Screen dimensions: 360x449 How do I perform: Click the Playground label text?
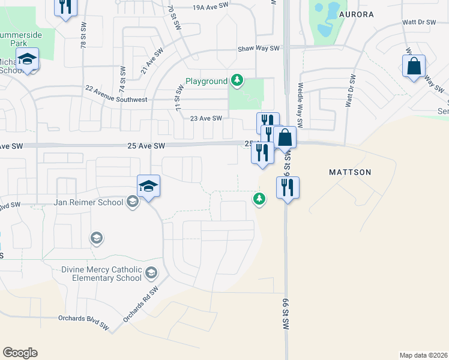[x=206, y=81]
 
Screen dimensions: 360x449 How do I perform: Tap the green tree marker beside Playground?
[x=238, y=80]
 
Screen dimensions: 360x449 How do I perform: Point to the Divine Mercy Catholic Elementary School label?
[x=101, y=274]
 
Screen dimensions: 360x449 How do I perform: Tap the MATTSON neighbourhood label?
[x=350, y=172]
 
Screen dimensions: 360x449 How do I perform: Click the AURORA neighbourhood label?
[x=357, y=14]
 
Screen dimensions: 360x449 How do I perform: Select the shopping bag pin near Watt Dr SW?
[x=414, y=66]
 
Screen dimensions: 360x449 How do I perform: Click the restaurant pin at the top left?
[x=65, y=7]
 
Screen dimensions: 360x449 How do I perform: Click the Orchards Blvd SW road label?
[x=83, y=322]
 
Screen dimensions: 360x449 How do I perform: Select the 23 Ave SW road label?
[x=206, y=118]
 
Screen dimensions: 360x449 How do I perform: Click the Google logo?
[x=20, y=353]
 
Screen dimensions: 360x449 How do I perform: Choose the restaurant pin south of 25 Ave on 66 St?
[x=288, y=188]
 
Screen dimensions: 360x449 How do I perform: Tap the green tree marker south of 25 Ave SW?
[x=259, y=198]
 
